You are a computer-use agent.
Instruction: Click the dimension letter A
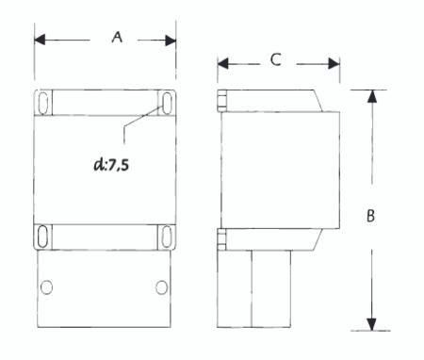[117, 37]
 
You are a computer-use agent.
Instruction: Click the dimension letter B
[370, 216]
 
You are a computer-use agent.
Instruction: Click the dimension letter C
[275, 59]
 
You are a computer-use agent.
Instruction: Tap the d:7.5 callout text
[111, 164]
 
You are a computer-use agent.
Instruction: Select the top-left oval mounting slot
[43, 103]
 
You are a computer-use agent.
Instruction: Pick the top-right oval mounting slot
[167, 103]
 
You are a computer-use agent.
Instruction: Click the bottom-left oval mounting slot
[42, 237]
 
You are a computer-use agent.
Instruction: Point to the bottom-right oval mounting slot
[167, 237]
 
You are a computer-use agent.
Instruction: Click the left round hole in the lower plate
[46, 287]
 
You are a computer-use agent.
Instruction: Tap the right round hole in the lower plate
[161, 287]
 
